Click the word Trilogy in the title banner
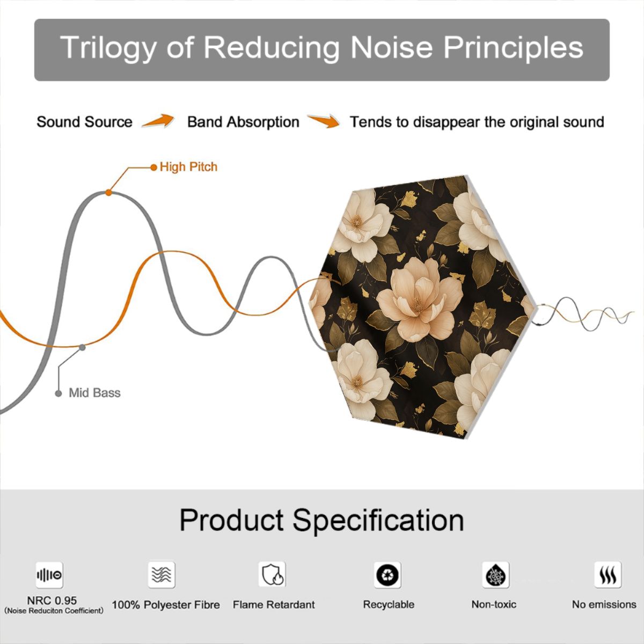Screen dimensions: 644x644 pos(108,48)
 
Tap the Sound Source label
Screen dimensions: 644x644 pos(85,122)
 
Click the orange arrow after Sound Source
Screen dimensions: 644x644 pos(158,121)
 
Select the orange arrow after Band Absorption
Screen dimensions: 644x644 pos(324,121)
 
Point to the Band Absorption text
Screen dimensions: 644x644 pos(243,122)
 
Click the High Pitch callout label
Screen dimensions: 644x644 pos(188,167)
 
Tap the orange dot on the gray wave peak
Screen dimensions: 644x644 pos(108,193)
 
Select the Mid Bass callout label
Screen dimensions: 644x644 pos(94,393)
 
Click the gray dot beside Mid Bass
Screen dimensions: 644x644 pos(58,394)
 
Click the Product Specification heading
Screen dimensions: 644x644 pos(322,520)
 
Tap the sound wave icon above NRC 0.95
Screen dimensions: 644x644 pos(49,575)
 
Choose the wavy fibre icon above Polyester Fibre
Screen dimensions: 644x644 pos(162,574)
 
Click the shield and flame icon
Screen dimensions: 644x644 pos(272,574)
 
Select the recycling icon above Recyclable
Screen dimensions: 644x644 pos(387,575)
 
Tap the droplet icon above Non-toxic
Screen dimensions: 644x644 pos(496,575)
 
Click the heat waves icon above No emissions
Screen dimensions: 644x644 pos(608,574)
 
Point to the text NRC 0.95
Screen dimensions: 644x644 pos(52,601)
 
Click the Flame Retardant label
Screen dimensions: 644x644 pos(274,605)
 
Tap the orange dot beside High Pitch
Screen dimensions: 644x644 pos(153,167)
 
